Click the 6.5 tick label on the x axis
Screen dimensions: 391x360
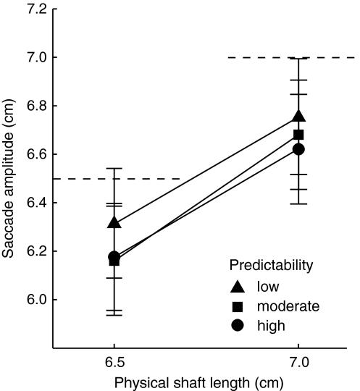click(x=114, y=361)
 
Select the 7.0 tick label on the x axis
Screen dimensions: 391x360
click(x=298, y=361)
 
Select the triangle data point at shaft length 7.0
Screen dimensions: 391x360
click(x=298, y=116)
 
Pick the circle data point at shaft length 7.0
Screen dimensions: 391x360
click(x=298, y=149)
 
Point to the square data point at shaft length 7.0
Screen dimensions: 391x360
click(x=298, y=135)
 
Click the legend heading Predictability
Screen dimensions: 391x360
click(x=272, y=265)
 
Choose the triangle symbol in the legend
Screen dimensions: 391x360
click(x=238, y=286)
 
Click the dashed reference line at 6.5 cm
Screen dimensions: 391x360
click(x=116, y=179)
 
